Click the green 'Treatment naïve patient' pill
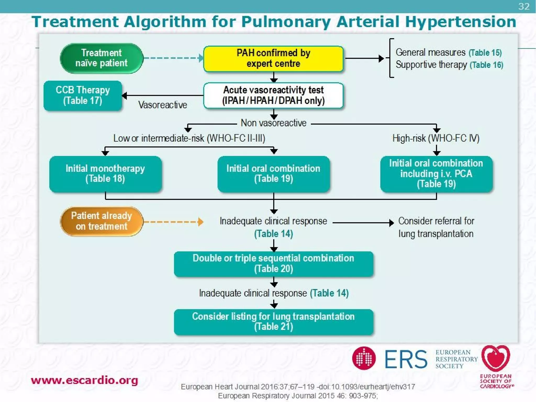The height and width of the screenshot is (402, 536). [102, 58]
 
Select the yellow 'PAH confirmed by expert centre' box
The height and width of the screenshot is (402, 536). [273, 58]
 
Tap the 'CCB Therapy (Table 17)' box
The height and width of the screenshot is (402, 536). [83, 96]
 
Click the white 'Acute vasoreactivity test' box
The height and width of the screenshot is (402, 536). [273, 96]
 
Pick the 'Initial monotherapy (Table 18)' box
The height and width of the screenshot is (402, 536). [105, 174]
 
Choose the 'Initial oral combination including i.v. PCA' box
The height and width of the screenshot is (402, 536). [436, 174]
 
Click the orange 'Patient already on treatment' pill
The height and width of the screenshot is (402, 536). [102, 221]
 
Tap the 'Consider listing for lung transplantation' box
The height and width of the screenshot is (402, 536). [273, 322]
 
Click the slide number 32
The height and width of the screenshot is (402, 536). [524, 6]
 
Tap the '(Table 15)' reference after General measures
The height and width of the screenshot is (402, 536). [485, 53]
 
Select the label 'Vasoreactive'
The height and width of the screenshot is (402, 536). [163, 105]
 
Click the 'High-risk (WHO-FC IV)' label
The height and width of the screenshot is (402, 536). [436, 138]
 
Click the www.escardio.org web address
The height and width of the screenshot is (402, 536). [84, 380]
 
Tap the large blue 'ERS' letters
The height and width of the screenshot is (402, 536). [406, 359]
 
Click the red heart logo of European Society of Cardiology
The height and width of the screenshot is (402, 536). [496, 358]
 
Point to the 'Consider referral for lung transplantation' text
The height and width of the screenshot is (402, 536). [436, 227]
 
